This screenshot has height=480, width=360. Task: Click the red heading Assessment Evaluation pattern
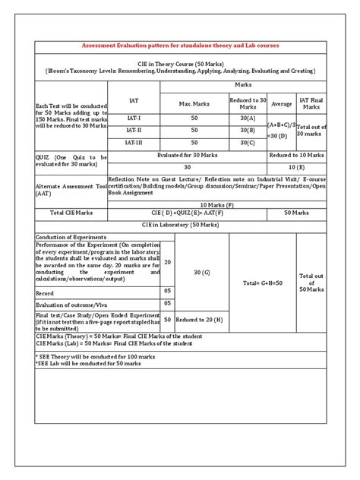coord(180,46)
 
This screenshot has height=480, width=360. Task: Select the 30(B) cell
coord(248,131)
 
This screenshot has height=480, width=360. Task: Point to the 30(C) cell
coord(248,142)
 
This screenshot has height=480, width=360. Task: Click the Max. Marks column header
coord(194,103)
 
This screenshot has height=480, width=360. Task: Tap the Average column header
coord(281,103)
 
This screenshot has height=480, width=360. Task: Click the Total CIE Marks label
coord(71,214)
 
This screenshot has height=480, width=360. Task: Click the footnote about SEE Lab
coord(89,363)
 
